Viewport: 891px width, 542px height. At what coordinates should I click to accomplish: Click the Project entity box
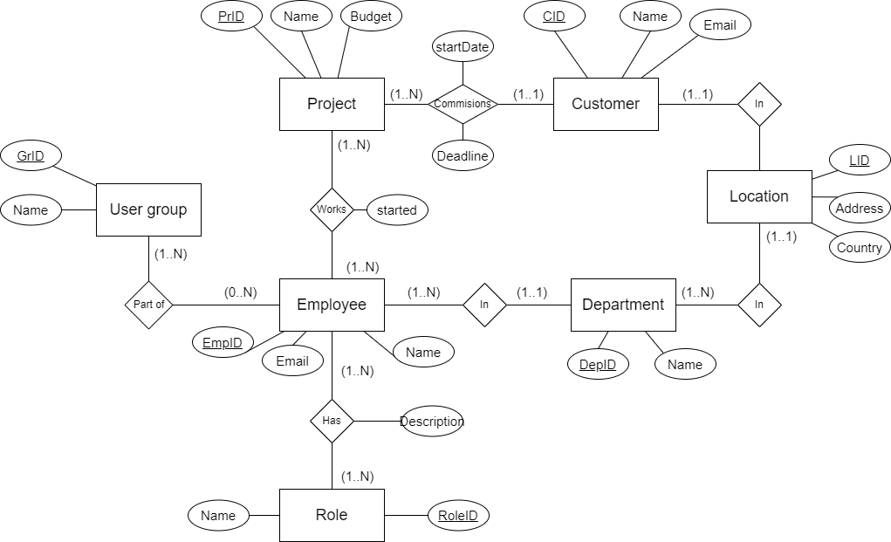(332, 104)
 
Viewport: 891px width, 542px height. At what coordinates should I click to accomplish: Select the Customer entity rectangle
(606, 104)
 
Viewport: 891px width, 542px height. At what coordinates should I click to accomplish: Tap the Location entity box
(758, 196)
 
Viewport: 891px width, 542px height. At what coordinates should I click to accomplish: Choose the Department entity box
(623, 305)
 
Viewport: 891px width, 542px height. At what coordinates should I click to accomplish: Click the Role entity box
(332, 515)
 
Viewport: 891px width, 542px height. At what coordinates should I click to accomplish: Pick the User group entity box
(148, 209)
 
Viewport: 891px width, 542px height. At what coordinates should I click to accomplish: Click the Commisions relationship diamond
(463, 104)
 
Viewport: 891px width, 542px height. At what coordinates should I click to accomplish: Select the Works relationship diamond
(332, 209)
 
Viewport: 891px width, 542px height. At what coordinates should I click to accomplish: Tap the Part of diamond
(148, 305)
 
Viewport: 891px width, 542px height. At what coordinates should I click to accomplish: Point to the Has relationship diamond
(332, 421)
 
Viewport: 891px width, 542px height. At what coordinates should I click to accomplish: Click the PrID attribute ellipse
(231, 17)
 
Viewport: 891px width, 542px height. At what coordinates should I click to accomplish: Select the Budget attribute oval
(371, 17)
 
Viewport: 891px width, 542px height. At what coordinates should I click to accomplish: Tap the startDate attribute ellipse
(463, 47)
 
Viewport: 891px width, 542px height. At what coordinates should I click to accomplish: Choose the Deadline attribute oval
(463, 156)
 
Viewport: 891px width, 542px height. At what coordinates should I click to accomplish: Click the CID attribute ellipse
(554, 17)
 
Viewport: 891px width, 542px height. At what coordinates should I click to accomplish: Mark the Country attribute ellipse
(859, 247)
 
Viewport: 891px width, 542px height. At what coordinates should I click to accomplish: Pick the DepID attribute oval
(598, 365)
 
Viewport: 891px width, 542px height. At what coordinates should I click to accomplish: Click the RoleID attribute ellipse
(458, 515)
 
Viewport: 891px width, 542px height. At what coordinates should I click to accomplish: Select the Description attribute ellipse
(432, 422)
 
